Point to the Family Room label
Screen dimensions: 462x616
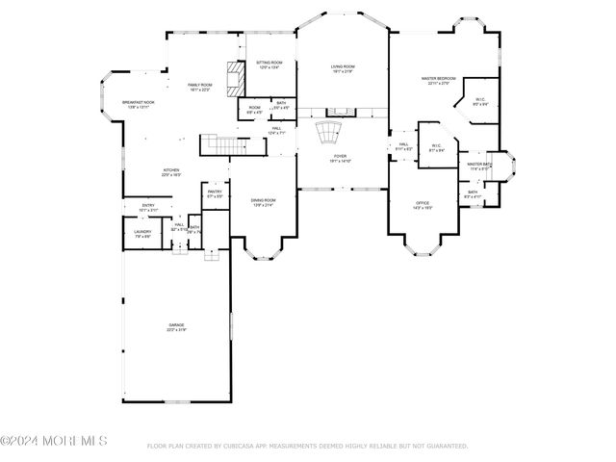(x=199, y=86)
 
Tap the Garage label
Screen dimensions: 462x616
(x=176, y=325)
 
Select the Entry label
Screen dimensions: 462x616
(x=148, y=205)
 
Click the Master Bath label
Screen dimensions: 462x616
(x=478, y=165)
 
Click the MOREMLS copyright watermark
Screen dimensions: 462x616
(x=54, y=441)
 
